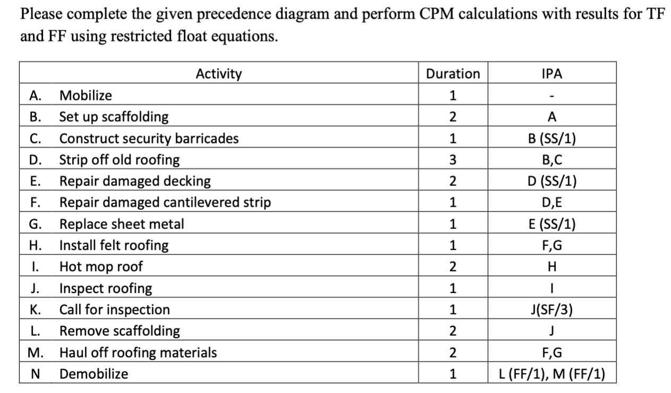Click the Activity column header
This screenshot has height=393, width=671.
click(218, 74)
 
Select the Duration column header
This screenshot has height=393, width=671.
click(453, 74)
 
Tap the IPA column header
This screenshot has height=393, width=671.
click(552, 74)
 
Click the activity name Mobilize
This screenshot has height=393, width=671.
click(85, 96)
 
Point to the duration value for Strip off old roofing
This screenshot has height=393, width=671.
click(453, 159)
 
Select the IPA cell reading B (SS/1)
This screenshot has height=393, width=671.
click(552, 138)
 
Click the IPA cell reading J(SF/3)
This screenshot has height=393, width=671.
click(552, 309)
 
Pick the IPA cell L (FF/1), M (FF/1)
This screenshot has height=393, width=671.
click(552, 373)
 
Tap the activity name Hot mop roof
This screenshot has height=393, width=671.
click(101, 267)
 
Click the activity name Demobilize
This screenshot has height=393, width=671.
click(93, 373)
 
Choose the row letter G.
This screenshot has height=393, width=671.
click(36, 224)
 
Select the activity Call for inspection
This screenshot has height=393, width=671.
click(115, 309)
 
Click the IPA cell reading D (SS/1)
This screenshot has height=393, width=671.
click(552, 181)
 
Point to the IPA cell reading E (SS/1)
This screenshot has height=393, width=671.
click(552, 224)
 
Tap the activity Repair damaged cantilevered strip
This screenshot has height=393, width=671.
click(165, 202)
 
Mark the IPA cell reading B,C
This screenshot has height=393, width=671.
click(552, 159)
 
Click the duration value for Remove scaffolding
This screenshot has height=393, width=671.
click(453, 331)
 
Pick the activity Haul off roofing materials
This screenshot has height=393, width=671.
click(138, 352)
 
